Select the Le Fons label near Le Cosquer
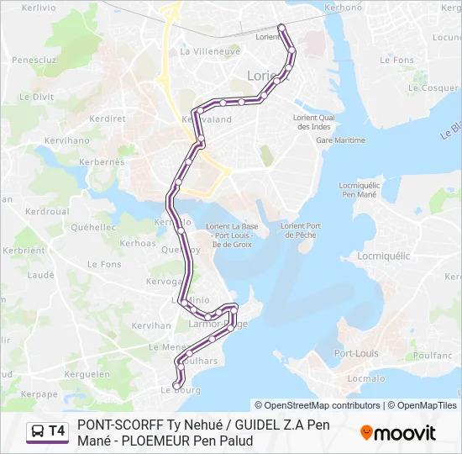[x=403, y=61]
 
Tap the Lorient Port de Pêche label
[x=301, y=230]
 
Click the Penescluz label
[x=34, y=61]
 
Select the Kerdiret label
[x=107, y=119]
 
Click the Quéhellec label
[x=94, y=227]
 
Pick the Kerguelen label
[x=87, y=374]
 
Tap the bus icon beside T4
[x=38, y=431]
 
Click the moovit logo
[x=399, y=433]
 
